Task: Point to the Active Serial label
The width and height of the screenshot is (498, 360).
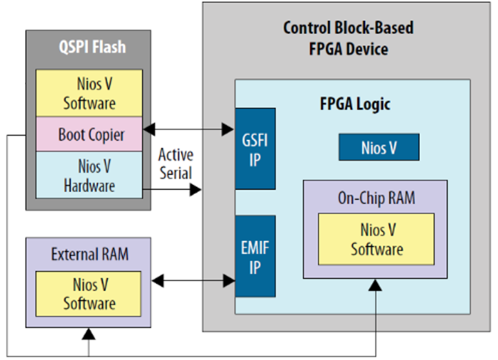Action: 176,164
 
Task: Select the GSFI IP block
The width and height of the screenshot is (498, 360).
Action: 255,149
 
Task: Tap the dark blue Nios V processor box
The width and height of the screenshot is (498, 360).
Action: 379,147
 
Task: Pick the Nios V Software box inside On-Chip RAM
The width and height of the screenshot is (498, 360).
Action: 376,239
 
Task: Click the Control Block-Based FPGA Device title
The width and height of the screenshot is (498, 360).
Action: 348,38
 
